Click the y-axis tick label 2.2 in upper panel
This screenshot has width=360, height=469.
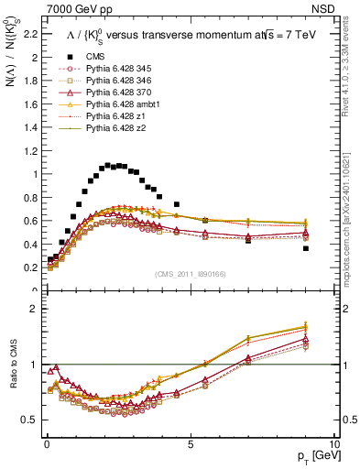click(30, 35)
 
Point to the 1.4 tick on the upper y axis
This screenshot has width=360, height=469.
click(30, 127)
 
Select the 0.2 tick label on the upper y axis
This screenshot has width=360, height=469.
click(30, 267)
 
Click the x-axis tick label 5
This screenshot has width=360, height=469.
click(190, 442)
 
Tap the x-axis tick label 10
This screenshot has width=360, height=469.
click(333, 442)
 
